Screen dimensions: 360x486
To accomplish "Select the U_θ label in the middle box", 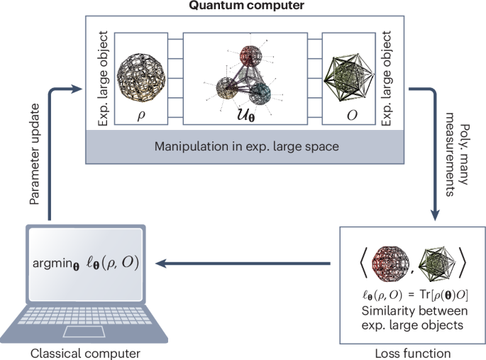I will tap(245, 116).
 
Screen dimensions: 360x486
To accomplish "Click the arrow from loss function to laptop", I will tap(242, 263).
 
